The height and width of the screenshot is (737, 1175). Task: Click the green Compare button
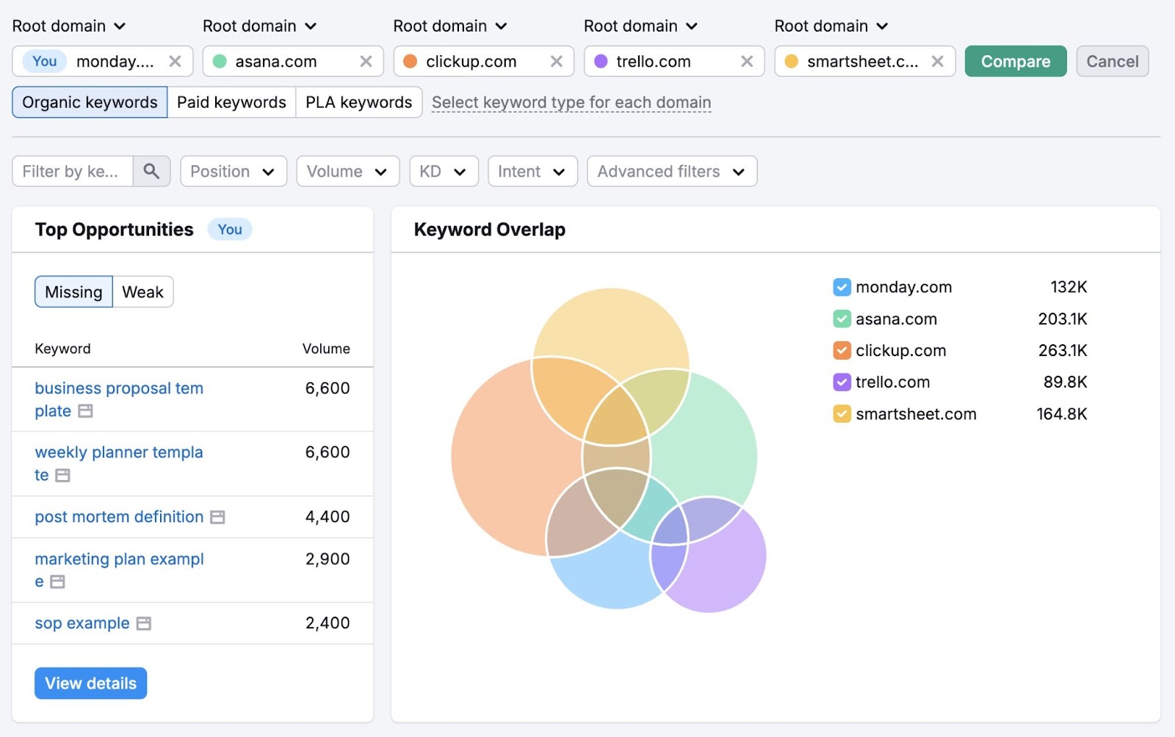(x=1015, y=62)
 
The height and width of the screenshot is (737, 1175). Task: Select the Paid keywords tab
(x=231, y=103)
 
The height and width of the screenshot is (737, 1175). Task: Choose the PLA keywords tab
(x=358, y=103)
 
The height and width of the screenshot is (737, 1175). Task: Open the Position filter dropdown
(x=233, y=172)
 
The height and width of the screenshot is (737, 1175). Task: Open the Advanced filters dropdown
(x=671, y=172)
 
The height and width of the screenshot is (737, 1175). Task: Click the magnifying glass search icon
(x=151, y=172)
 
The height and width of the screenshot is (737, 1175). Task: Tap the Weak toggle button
(x=142, y=292)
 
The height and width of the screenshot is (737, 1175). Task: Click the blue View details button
(x=90, y=683)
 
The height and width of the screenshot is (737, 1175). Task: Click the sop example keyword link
(x=82, y=623)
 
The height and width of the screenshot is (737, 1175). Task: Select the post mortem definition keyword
(x=119, y=517)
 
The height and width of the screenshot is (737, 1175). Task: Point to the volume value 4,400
(x=328, y=517)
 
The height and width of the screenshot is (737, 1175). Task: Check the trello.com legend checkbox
(x=842, y=382)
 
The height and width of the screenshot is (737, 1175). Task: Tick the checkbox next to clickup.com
(x=842, y=351)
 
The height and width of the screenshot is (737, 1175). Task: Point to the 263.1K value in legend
(x=1062, y=351)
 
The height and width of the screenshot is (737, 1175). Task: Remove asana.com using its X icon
(x=366, y=62)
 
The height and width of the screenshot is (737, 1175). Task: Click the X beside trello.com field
(x=747, y=62)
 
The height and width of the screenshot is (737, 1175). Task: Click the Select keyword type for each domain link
(x=571, y=103)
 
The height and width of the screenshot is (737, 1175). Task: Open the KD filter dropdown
(x=444, y=172)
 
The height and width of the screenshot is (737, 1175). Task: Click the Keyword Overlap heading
(x=489, y=230)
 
